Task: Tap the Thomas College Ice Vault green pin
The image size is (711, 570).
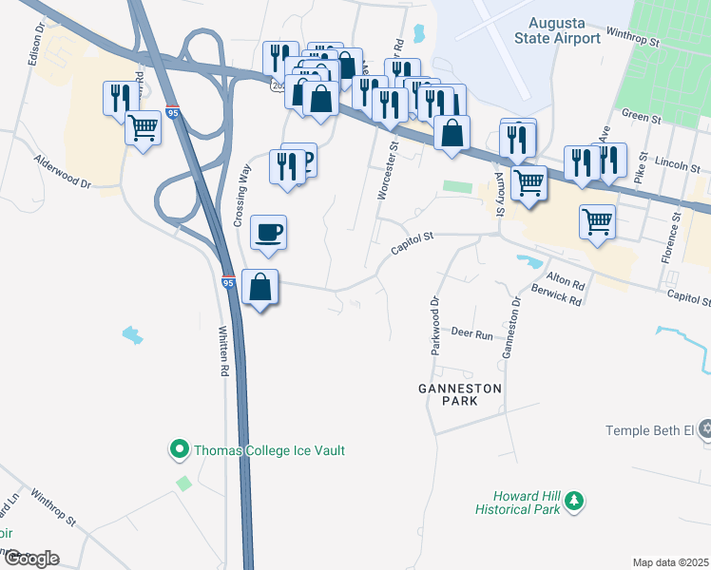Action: pyautogui.click(x=178, y=449)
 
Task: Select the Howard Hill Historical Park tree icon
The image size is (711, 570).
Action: pyautogui.click(x=573, y=501)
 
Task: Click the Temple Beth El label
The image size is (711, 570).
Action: pyautogui.click(x=651, y=430)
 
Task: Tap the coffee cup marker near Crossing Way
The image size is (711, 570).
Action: pyautogui.click(x=268, y=233)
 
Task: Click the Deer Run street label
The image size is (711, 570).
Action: pyautogui.click(x=472, y=334)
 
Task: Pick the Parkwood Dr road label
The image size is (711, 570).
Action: pyautogui.click(x=436, y=315)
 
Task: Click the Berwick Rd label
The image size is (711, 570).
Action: pyautogui.click(x=557, y=297)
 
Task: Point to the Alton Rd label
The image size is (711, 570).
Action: pyautogui.click(x=566, y=280)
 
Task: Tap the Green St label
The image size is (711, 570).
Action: pyautogui.click(x=641, y=118)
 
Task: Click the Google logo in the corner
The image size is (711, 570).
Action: pyautogui.click(x=30, y=559)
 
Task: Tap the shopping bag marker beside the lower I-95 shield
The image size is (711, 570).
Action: pyautogui.click(x=260, y=287)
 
